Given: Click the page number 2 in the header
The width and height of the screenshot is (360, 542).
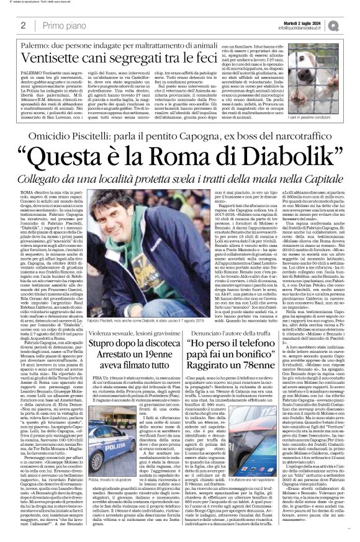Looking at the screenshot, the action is click(x=23, y=25).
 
